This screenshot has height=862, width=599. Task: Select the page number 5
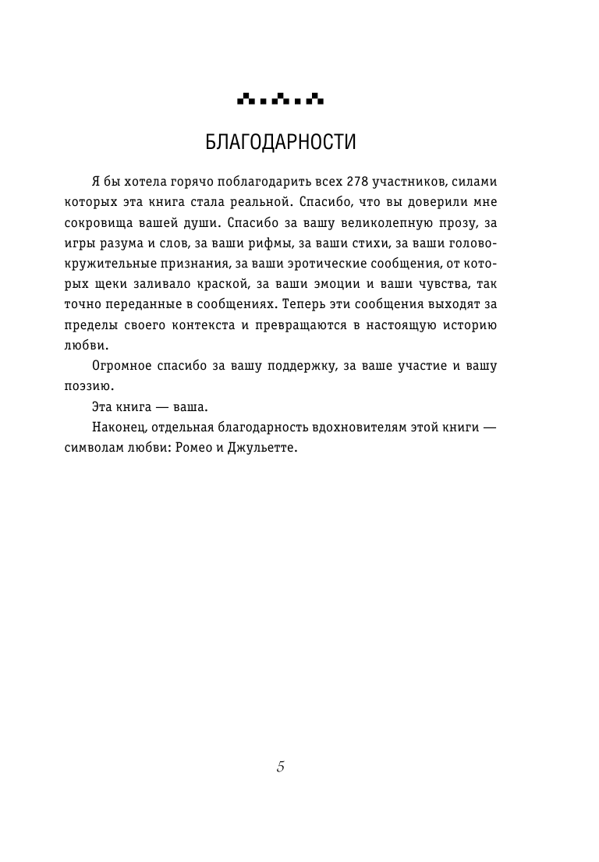point(281,766)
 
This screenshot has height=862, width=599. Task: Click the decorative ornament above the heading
point(280,99)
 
